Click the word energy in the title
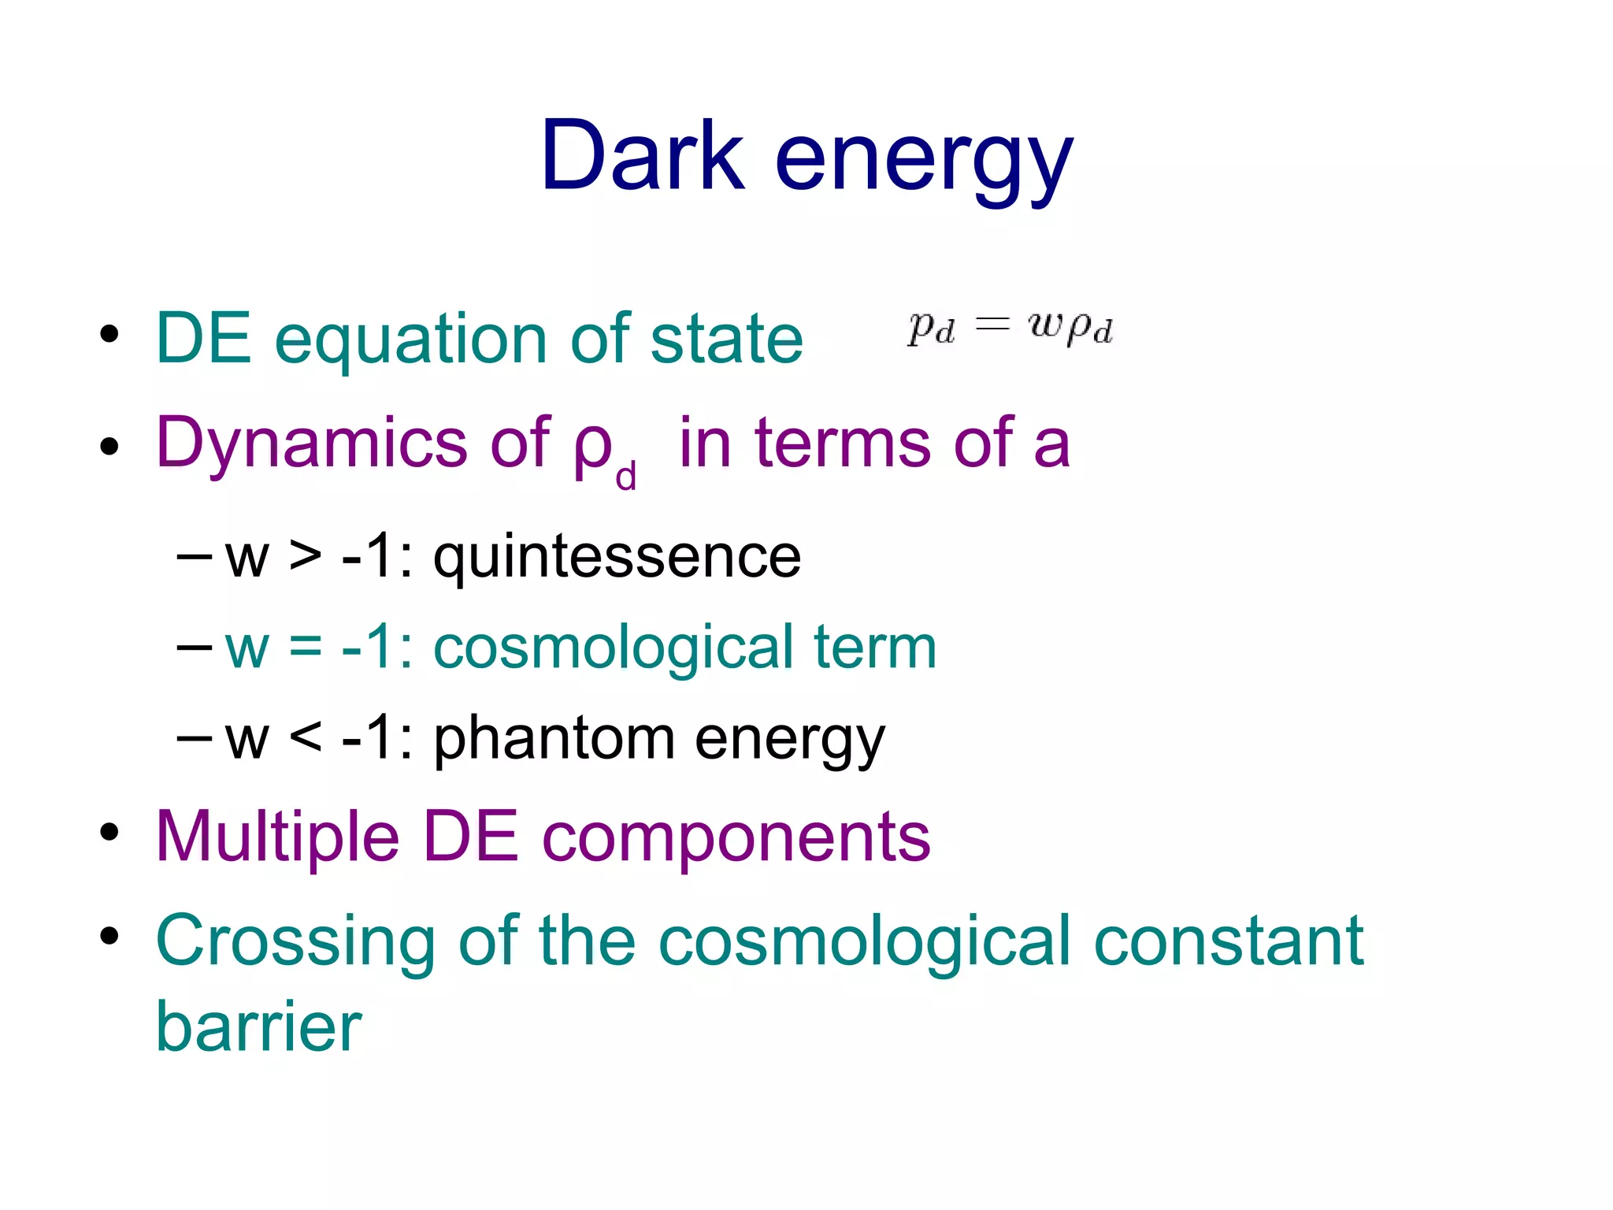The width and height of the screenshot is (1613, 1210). [923, 161]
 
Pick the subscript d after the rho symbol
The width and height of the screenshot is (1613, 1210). [625, 477]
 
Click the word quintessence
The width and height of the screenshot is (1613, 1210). [617, 558]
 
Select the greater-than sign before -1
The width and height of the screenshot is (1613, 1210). [306, 556]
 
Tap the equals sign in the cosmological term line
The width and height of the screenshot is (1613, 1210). [306, 648]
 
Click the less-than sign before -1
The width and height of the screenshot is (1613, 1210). [306, 738]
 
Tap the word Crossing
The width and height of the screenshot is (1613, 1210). [295, 942]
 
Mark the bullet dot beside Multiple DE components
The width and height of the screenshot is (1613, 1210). [109, 832]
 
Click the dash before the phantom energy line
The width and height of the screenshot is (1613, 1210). [195, 738]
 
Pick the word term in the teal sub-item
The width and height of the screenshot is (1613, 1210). [875, 648]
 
